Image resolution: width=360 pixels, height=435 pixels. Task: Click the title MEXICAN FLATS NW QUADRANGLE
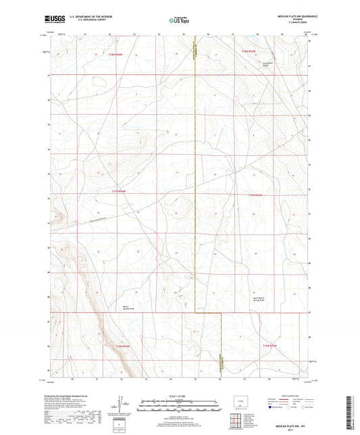coord(292,14)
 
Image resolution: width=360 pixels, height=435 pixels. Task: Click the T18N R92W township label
coord(251,51)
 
